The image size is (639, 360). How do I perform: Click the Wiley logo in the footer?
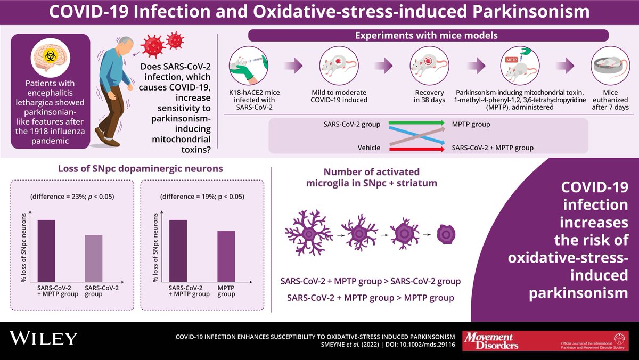pyautogui.click(x=44, y=338)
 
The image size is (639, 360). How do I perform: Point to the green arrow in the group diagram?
pyautogui.click(x=416, y=124)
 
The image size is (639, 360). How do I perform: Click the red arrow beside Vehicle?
pyautogui.click(x=416, y=149)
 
